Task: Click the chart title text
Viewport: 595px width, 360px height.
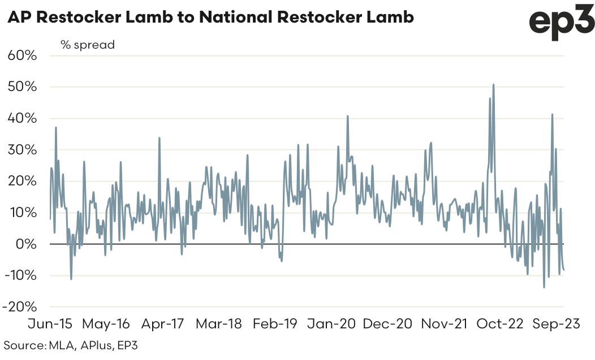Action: coord(210,18)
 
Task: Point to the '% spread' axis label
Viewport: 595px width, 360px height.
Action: coord(88,44)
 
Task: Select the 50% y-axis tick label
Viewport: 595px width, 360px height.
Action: coord(22,87)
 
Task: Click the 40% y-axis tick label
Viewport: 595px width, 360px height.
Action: coord(22,119)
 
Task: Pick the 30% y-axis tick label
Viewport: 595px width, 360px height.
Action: coord(22,150)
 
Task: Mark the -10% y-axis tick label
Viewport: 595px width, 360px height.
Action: coord(20,275)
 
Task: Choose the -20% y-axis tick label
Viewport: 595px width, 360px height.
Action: coord(20,307)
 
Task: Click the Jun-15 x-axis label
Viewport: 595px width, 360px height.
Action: coord(50,324)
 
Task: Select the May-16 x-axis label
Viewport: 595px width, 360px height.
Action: coord(106,324)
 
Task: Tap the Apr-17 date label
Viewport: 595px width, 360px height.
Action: coord(162,324)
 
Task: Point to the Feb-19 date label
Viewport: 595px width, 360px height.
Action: coord(275,324)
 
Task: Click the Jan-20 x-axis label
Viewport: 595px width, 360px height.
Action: coord(331,324)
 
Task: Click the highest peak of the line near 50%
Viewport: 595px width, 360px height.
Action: coord(494,85)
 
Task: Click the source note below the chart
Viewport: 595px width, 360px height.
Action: coord(70,345)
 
